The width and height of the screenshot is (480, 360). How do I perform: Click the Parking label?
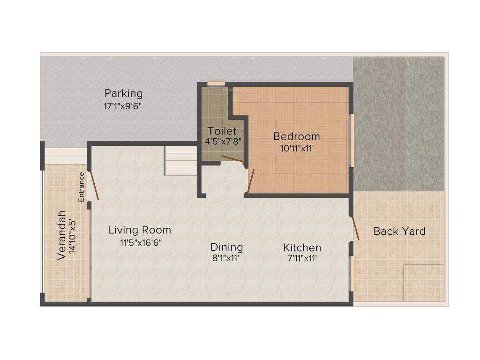click(123, 93)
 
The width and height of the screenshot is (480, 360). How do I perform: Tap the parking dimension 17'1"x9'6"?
click(123, 106)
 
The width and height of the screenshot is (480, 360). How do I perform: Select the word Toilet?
click(222, 131)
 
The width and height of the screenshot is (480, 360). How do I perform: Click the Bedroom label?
click(297, 136)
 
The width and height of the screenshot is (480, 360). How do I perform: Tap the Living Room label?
click(140, 230)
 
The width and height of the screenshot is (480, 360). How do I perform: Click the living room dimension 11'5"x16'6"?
click(139, 242)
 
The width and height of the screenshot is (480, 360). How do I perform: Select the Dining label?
click(226, 247)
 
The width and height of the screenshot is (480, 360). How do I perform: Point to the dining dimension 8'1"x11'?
click(226, 258)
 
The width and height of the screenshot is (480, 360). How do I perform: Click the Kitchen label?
click(302, 247)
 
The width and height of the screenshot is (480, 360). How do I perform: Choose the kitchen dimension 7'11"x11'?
click(302, 258)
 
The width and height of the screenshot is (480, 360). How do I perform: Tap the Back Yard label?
click(399, 231)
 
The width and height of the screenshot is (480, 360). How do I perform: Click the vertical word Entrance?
click(82, 187)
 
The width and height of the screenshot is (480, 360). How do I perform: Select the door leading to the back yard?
click(355, 229)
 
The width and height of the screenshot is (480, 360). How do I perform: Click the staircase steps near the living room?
click(180, 160)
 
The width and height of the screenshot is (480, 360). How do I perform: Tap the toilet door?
click(232, 159)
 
